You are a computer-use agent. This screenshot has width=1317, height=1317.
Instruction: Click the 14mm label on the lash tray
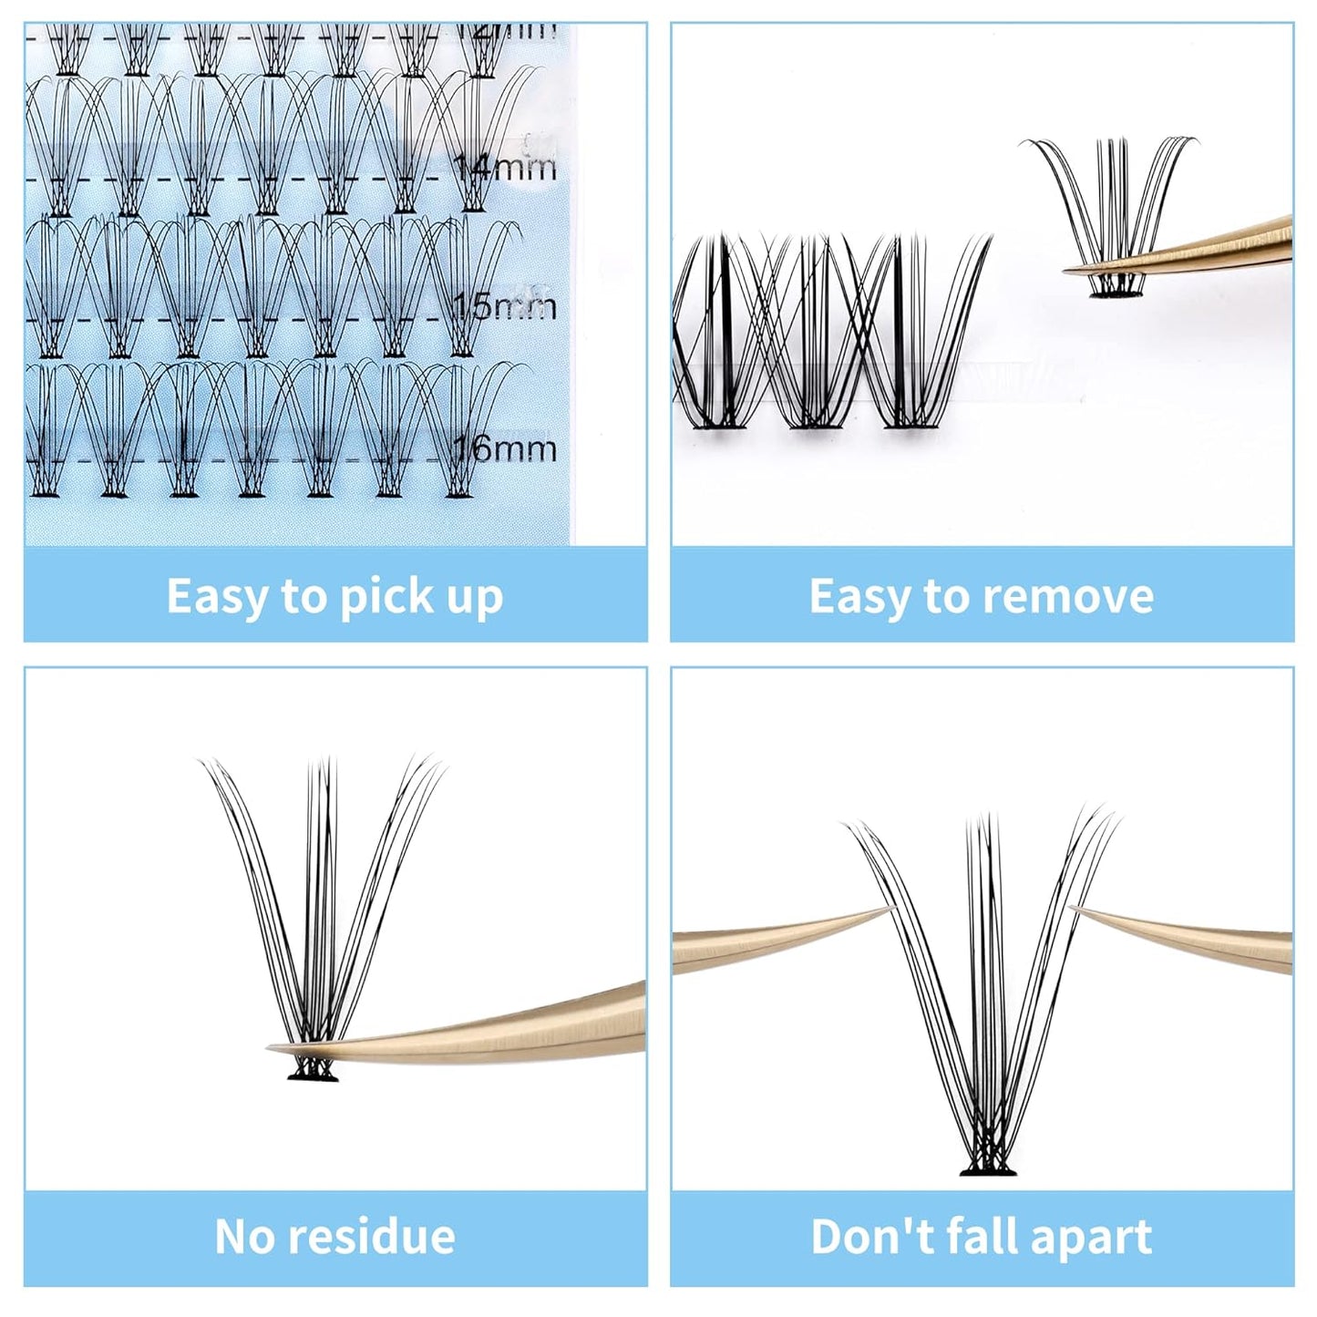click(505, 168)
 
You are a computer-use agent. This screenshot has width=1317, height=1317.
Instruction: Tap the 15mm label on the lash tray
click(505, 306)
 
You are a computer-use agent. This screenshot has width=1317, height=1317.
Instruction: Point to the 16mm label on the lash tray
click(505, 448)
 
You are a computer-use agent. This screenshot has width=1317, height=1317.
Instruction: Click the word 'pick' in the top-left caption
click(380, 598)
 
